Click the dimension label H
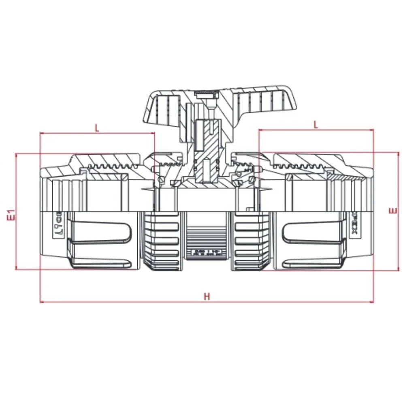[207, 296]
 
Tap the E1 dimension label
[12, 215]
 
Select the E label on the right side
[391, 211]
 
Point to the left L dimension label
[97, 128]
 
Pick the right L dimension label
[316, 125]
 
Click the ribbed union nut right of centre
[247, 241]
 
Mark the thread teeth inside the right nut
[300, 166]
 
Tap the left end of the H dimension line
[40, 302]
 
